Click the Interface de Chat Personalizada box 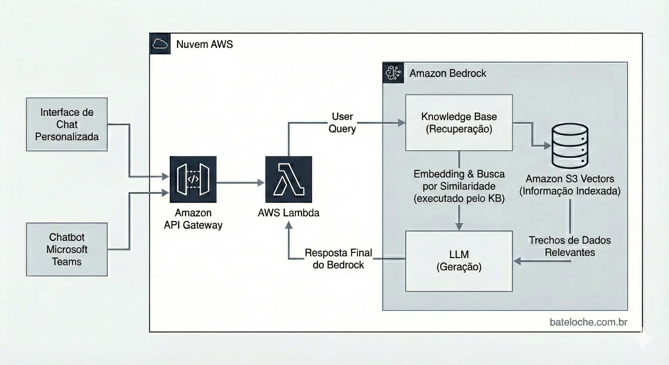tap(67, 124)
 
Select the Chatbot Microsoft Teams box tap(67, 249)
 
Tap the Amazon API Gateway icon tap(193, 179)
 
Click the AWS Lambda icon tap(289, 179)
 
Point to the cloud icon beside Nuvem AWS tap(160, 44)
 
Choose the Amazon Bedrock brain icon tap(393, 73)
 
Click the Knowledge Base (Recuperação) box tap(459, 123)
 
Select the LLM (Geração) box tap(459, 261)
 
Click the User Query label tap(342, 122)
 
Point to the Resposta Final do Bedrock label tap(338, 259)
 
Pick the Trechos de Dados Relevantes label tap(570, 246)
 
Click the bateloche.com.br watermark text tap(588, 322)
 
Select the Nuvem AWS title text tap(205, 44)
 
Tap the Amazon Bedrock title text tap(448, 73)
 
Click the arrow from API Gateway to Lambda tap(240, 182)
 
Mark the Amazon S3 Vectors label tap(570, 185)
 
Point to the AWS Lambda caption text tap(289, 213)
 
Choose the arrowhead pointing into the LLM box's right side tap(517, 261)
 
